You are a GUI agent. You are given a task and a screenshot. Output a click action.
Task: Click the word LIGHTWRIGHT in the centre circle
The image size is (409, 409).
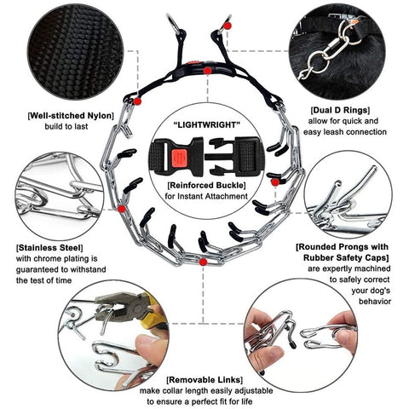click(x=206, y=124)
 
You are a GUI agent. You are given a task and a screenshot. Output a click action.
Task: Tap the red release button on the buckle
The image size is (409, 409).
click(x=179, y=158)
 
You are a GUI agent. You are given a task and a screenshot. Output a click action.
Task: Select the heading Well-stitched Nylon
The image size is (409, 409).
click(x=71, y=116)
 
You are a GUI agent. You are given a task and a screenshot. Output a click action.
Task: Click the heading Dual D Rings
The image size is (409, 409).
click(x=340, y=110)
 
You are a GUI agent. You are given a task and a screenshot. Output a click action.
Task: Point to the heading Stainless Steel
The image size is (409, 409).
click(x=49, y=248)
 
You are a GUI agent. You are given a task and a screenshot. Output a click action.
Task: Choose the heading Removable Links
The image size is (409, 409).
click(x=204, y=380)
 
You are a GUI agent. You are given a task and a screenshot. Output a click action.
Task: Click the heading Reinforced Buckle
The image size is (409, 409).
click(x=206, y=186)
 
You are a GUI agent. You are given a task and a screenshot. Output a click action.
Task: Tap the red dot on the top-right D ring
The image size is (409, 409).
click(x=228, y=26)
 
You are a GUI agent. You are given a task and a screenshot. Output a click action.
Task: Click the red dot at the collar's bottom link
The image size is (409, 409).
click(x=203, y=262)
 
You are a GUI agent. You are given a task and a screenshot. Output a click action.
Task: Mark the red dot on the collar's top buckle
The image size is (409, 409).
click(x=208, y=71)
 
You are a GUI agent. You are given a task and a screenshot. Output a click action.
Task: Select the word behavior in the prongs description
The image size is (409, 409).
click(x=375, y=301)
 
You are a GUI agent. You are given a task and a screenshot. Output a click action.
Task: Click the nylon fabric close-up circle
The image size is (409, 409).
click(x=76, y=52)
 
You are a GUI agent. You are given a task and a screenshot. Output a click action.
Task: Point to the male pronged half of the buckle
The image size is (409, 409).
click(x=234, y=157)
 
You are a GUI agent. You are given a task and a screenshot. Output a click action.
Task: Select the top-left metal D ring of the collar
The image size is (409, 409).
click(x=174, y=23)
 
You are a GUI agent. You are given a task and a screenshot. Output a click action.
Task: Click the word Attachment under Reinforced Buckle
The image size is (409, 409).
click(x=227, y=196)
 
